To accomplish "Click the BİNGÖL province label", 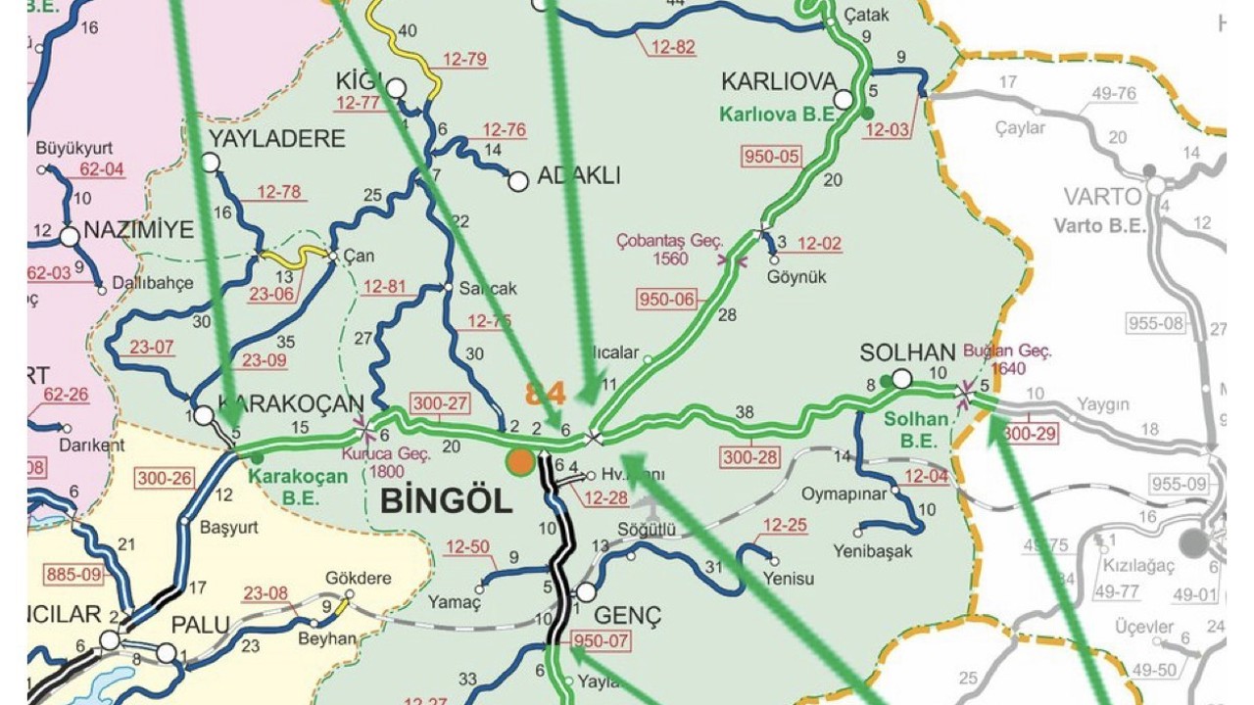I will pyautogui.click(x=446, y=501).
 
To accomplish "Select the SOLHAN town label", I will pyautogui.click(x=907, y=352).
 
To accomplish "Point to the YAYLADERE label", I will pyautogui.click(x=276, y=139).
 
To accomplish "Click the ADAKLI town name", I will pyautogui.click(x=579, y=176).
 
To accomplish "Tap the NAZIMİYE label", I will pyautogui.click(x=139, y=231).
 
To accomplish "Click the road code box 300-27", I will pyautogui.click(x=441, y=403).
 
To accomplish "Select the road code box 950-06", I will pyautogui.click(x=666, y=300).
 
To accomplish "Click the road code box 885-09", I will pyautogui.click(x=73, y=575).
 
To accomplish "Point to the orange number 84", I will pyautogui.click(x=546, y=393).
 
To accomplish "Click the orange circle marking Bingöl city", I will pyautogui.click(x=520, y=461).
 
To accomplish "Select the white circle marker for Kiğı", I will pyautogui.click(x=396, y=89).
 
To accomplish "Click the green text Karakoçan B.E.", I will pyautogui.click(x=298, y=486).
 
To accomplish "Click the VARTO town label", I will pyautogui.click(x=1103, y=196).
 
